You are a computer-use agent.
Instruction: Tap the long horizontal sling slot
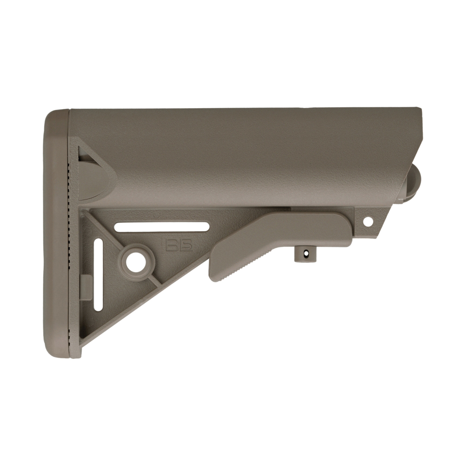[162, 227]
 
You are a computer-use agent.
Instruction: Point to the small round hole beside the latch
[368, 221]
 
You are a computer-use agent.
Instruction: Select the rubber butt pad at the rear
[57, 234]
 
